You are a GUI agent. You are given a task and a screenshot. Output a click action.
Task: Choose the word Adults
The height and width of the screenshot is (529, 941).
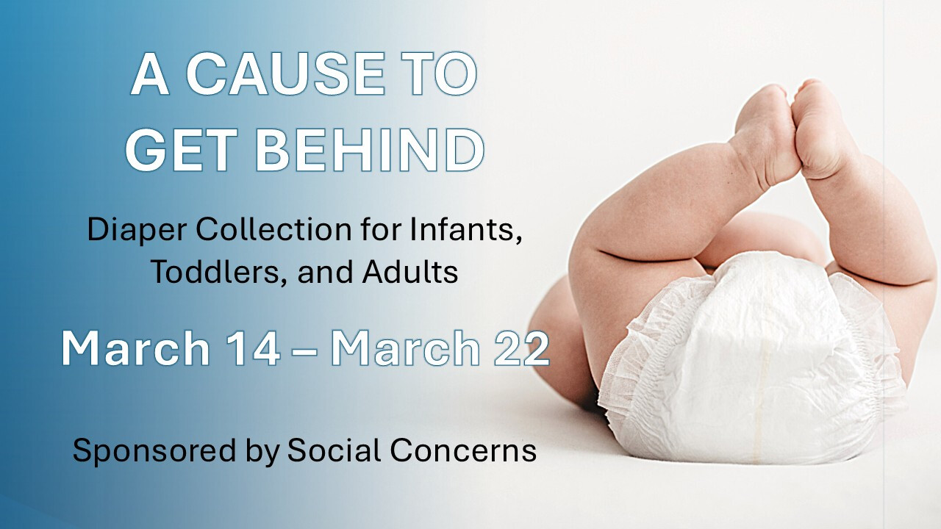[410, 273]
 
